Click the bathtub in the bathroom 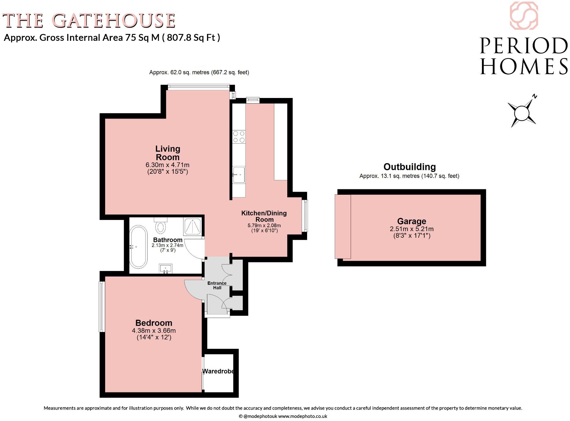pyautogui.click(x=138, y=247)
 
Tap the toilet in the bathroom pyautogui.click(x=161, y=226)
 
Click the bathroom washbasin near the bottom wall pyautogui.click(x=166, y=269)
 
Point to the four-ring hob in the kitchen pyautogui.click(x=239, y=136)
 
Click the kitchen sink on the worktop pyautogui.click(x=239, y=175)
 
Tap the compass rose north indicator pyautogui.click(x=522, y=113)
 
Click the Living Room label pyautogui.click(x=167, y=153)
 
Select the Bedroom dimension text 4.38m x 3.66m pyautogui.click(x=154, y=331)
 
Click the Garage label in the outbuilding pyautogui.click(x=411, y=221)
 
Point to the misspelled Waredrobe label pyautogui.click(x=218, y=371)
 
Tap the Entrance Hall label pyautogui.click(x=217, y=285)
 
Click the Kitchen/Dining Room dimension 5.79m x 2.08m pyautogui.click(x=264, y=225)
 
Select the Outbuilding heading pyautogui.click(x=409, y=167)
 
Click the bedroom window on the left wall pyautogui.click(x=102, y=307)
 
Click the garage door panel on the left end pyautogui.click(x=343, y=227)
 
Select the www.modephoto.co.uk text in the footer pyautogui.click(x=303, y=416)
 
